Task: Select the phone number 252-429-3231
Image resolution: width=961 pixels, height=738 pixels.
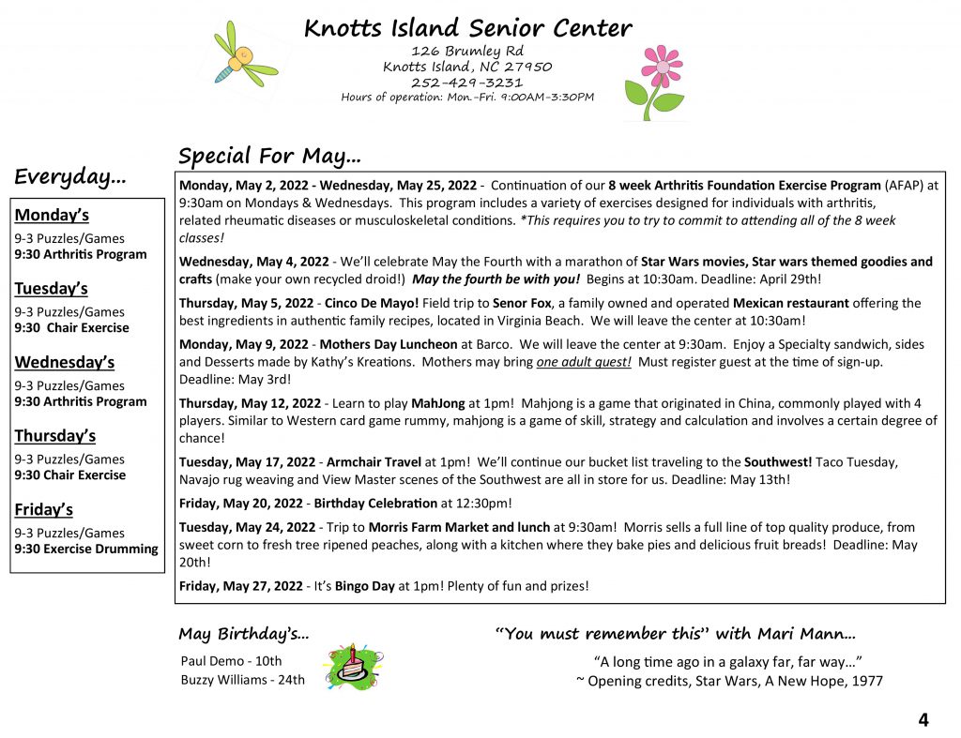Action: (466, 82)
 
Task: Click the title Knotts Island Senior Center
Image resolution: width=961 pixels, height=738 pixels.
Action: (467, 28)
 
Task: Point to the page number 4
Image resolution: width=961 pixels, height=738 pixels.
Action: (923, 720)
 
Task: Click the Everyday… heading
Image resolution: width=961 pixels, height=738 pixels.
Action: (70, 176)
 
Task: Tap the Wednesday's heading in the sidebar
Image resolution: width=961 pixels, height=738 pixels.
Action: (65, 362)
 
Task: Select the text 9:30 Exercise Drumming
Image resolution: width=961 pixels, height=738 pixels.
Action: (86, 549)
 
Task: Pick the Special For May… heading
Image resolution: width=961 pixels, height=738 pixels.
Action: (269, 155)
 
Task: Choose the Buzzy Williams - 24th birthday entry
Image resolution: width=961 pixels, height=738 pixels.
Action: (242, 680)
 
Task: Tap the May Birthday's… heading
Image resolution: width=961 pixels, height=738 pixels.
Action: (243, 634)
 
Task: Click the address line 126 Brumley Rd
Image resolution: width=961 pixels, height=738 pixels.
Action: (467, 51)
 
